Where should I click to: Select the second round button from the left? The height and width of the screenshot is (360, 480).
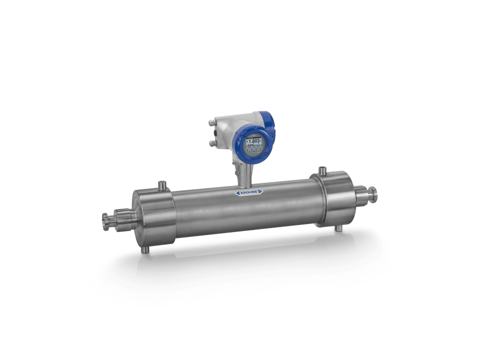click(x=254, y=149)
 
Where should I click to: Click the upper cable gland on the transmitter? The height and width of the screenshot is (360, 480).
click(x=212, y=123)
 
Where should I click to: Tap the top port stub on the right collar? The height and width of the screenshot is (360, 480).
click(x=322, y=170)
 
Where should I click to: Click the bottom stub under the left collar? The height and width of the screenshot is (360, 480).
click(x=145, y=248)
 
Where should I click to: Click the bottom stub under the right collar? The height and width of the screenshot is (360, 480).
click(x=338, y=227)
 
